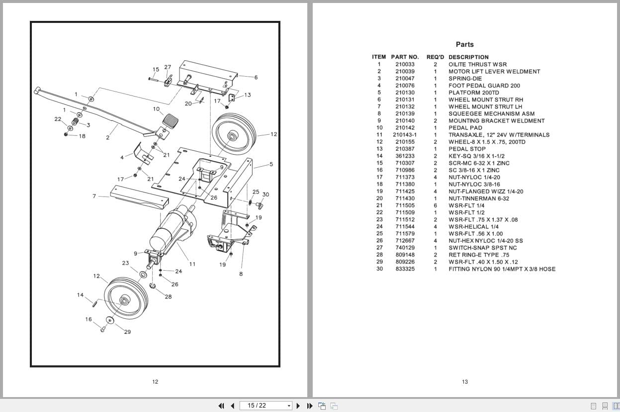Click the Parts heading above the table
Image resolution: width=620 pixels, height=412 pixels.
[464, 44]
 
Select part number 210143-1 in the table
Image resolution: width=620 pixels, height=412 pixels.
[405, 135]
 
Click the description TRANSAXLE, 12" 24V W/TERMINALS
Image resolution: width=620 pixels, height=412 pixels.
[499, 135]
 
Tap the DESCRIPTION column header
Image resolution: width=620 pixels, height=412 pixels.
[468, 57]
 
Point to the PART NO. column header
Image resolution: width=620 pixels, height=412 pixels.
[405, 57]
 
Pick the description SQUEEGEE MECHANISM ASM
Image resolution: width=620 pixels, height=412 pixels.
[491, 113]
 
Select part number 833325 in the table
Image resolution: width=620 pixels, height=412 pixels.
[405, 269]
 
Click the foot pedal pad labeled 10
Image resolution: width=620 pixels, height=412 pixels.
[171, 120]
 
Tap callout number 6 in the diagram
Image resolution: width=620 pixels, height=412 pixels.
[256, 78]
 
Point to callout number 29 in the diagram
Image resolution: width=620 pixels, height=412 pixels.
[127, 332]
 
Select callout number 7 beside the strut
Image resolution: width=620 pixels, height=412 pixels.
[94, 196]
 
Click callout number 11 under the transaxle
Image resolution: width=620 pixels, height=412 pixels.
[192, 264]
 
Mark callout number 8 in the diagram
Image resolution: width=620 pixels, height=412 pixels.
[241, 274]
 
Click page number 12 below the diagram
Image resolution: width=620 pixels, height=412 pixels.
[155, 382]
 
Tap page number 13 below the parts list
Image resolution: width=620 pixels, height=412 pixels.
[464, 382]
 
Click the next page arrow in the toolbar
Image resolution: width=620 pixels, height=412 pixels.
[298, 406]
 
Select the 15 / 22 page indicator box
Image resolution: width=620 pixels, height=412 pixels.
[266, 406]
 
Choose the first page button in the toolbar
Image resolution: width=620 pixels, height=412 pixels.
[221, 406]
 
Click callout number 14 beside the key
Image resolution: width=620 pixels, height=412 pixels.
[81, 295]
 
